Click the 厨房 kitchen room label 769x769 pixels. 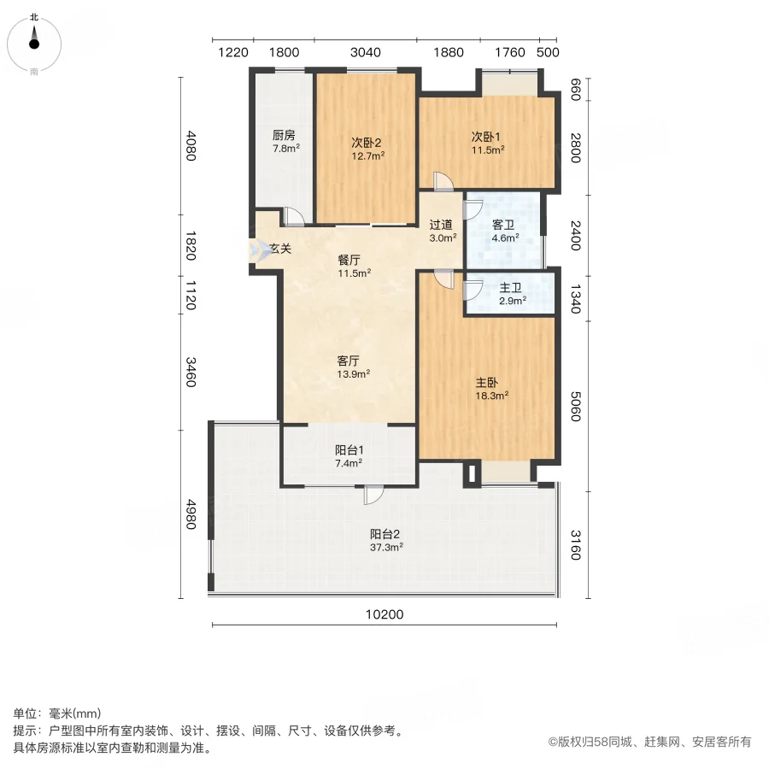[284, 135]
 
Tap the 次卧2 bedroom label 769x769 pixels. [367, 143]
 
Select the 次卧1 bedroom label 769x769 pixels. [486, 137]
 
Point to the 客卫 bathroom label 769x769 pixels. [503, 225]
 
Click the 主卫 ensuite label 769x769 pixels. [511, 288]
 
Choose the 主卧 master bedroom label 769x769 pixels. [486, 383]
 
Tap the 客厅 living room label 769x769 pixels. [349, 361]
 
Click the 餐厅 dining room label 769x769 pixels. [349, 260]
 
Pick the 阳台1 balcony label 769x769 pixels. [349, 449]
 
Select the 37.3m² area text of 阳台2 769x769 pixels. [386, 547]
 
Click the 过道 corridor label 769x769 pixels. [441, 225]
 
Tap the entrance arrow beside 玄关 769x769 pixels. [260, 249]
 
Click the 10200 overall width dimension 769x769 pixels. [384, 614]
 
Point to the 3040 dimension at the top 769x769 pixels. [366, 52]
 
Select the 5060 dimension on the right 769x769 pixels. [576, 406]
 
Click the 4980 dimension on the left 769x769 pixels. [191, 514]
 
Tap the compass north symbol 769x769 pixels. [34, 39]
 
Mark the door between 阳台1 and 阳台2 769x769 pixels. [373, 495]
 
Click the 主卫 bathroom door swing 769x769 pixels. [473, 291]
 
